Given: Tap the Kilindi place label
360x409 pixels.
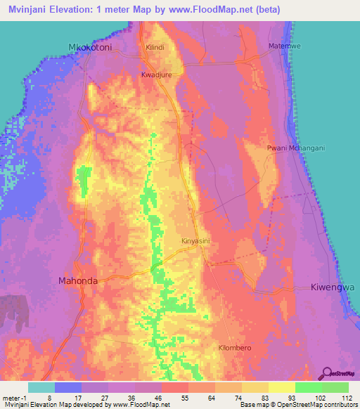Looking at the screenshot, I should (x=154, y=47).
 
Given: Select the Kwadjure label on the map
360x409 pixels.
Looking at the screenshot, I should (x=157, y=72).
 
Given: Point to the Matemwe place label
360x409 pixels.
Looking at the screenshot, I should (x=285, y=46).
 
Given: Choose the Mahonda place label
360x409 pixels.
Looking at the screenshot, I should (x=77, y=280).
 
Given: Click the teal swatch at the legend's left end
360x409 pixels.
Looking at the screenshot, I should (x=41, y=387).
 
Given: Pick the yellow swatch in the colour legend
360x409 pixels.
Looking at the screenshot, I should (x=281, y=387).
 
